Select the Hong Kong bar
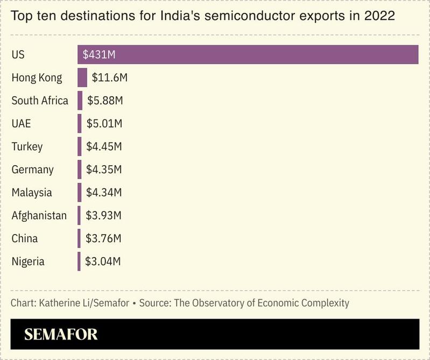coord(82,77)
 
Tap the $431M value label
coord(100,55)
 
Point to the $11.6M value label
coord(109,77)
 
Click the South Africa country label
coord(40,101)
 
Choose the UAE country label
coord(22,124)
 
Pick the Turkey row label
coord(27,146)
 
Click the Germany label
coord(33,170)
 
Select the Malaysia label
coord(32,193)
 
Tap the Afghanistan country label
coord(39,216)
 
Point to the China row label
coord(25,238)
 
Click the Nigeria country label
coord(28,262)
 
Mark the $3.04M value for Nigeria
coord(103,262)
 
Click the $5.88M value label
coord(105,101)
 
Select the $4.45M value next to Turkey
coord(104,146)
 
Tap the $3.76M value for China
coord(103,238)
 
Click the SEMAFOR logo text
coord(61,334)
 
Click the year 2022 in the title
coord(379,16)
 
